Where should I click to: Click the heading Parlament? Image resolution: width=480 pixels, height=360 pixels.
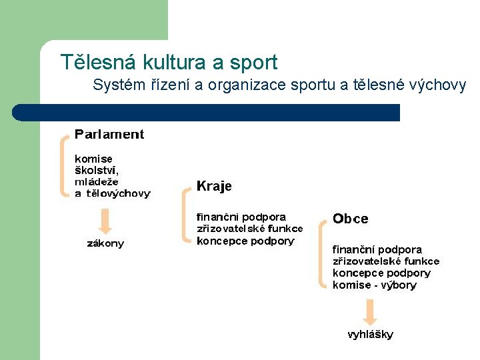(109, 134)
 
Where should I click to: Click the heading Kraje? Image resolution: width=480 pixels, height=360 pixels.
(214, 186)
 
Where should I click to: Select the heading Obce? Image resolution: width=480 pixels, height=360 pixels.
(350, 219)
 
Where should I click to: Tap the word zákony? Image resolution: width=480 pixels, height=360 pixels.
(105, 243)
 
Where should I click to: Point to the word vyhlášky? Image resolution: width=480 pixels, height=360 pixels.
(370, 335)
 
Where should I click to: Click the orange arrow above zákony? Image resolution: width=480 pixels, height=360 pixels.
(104, 221)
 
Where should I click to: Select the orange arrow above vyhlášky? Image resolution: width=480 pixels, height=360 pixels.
(370, 311)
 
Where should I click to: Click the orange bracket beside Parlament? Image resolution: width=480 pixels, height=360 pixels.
(64, 165)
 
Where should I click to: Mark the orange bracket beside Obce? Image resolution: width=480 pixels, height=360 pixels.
(323, 253)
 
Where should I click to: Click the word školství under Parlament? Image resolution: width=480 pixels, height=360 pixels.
(97, 171)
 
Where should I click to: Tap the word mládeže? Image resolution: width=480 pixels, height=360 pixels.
(96, 181)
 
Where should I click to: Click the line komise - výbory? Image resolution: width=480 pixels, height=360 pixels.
(374, 285)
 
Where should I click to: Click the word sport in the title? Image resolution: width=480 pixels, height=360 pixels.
(253, 63)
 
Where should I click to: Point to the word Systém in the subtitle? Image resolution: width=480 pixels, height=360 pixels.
(115, 85)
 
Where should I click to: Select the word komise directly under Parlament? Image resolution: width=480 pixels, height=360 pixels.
(93, 159)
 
